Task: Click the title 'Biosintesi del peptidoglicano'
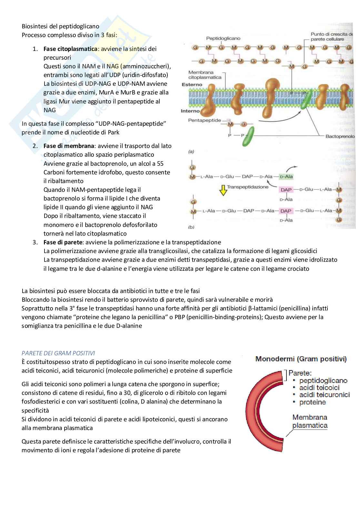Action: [60, 26]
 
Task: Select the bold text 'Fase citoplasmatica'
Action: [70, 49]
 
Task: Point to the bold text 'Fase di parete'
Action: [63, 242]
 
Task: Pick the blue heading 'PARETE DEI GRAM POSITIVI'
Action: [58, 353]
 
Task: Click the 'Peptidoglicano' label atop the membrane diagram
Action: [223, 38]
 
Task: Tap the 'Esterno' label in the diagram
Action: [192, 85]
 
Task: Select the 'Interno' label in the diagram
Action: [190, 111]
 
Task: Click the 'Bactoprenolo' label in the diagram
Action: [340, 136]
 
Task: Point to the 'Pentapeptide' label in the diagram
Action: [205, 121]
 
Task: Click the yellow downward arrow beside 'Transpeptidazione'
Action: [223, 191]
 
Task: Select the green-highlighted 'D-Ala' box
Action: [286, 177]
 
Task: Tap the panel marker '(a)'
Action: [191, 152]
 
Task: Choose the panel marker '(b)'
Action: [191, 227]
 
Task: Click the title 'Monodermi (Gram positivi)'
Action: [301, 359]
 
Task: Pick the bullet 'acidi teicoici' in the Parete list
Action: [319, 388]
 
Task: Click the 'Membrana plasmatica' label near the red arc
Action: [310, 421]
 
